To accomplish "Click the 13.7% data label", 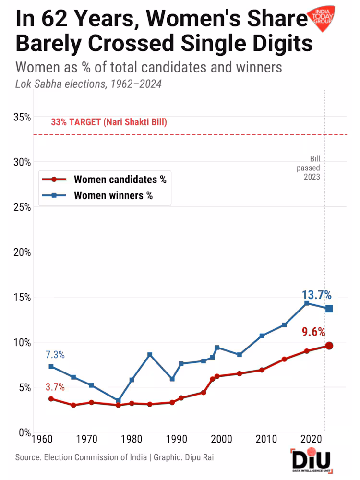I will pos(317,295).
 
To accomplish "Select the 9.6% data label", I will pos(313,332).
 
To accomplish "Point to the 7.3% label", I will pos(55,355).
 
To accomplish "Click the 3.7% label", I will pos(55,387).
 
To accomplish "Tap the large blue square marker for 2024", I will pos(329,309).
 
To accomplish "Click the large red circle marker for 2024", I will pos(329,346).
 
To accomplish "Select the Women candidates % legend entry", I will pos(120,180).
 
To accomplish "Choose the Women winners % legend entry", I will pos(113,195).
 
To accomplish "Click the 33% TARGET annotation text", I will pos(109,122).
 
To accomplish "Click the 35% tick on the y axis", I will pos(21,117).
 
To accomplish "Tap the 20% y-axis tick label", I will pos(21,252).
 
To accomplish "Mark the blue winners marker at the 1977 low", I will pos(118,400).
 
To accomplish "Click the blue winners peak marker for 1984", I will pos(150,355).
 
